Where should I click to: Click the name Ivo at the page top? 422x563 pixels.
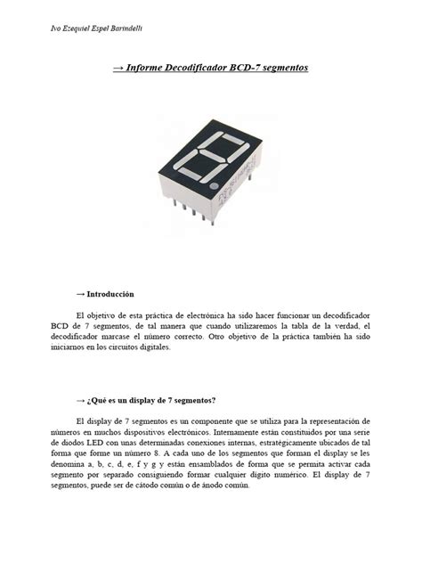coord(50,29)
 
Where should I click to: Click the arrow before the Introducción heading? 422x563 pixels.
coord(81,293)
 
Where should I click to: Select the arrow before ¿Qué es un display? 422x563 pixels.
coord(81,399)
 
